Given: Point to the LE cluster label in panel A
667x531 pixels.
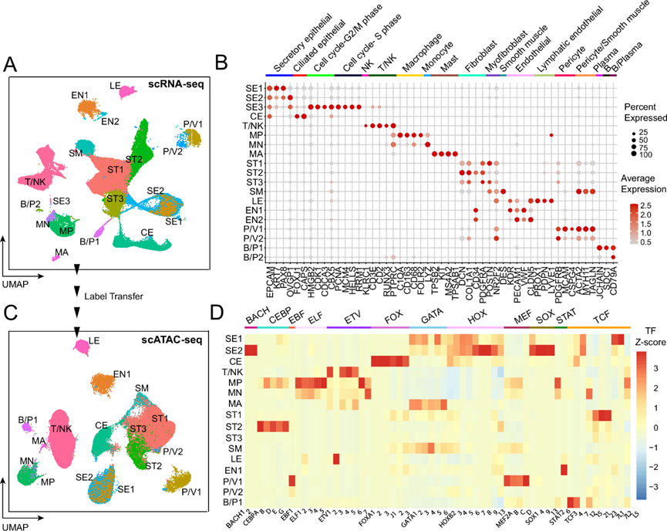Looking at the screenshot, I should click(114, 85).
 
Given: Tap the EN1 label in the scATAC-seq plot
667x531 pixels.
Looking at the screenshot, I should click(121, 374).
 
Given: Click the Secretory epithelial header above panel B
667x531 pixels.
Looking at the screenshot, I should click(297, 43).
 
